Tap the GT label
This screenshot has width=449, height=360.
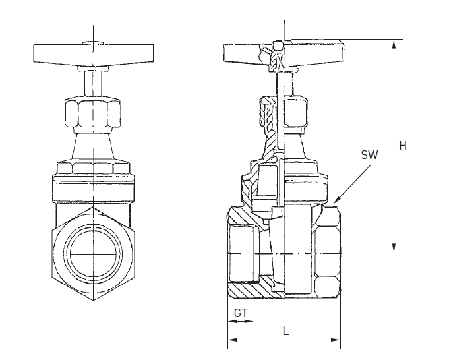pyautogui.click(x=241, y=313)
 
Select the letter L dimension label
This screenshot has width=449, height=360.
pyautogui.click(x=285, y=332)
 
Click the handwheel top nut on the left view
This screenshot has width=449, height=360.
pyautogui.click(x=93, y=44)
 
